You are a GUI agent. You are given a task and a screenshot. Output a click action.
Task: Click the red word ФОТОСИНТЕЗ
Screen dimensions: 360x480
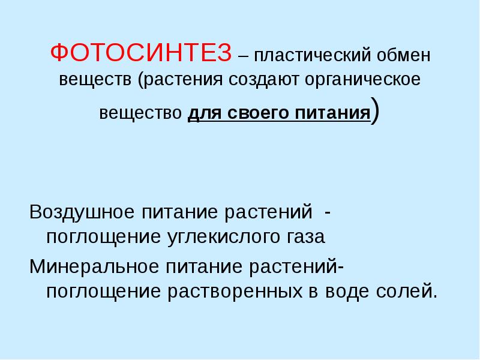coord(140,53)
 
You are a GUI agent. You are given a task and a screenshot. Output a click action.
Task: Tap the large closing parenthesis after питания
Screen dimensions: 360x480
coord(375,112)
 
